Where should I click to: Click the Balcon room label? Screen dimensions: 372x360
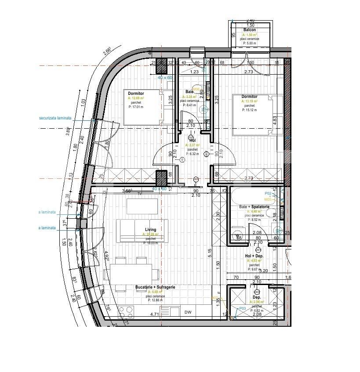[250, 30]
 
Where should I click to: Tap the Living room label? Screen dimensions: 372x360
[151, 229]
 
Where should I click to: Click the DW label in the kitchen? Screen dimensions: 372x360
[188, 313]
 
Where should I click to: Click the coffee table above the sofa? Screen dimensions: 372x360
[142, 206]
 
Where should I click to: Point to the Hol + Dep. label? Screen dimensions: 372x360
[254, 256]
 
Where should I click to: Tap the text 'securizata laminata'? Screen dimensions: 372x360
[55, 118]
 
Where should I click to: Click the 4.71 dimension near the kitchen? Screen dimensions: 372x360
[154, 314]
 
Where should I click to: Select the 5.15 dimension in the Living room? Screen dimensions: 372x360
[210, 253]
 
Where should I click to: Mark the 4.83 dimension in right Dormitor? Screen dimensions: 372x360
[275, 119]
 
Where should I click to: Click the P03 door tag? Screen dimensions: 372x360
[242, 308]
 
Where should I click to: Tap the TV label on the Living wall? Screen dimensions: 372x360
[139, 193]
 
